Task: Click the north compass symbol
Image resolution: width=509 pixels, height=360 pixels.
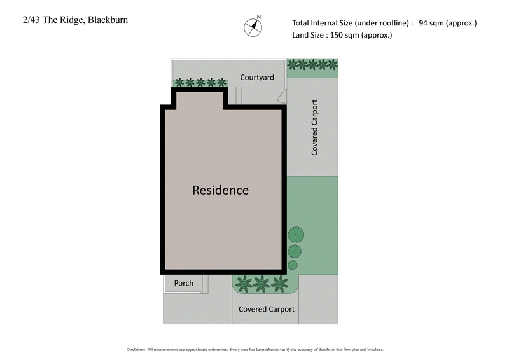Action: coord(253,27)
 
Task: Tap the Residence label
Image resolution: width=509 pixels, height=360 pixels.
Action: coord(220,190)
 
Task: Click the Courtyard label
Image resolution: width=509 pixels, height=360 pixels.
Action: coord(257,78)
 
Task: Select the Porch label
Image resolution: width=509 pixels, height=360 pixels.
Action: coord(183,283)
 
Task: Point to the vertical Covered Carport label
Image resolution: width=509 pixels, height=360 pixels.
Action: coord(314,128)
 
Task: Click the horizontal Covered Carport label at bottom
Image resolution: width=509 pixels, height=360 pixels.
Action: coord(266,309)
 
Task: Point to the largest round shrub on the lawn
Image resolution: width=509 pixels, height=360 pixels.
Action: coord(295,235)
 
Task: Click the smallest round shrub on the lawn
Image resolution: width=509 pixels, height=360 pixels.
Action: coord(293,265)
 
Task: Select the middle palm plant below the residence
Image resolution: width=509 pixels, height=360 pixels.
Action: coord(261,282)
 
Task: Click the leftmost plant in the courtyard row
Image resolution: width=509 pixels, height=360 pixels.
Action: coord(179,82)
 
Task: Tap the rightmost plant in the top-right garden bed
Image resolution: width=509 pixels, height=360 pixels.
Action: coord(332,64)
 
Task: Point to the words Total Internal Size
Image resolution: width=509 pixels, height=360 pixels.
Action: coord(321,24)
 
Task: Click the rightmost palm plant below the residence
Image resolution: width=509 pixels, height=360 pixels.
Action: coord(278,282)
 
